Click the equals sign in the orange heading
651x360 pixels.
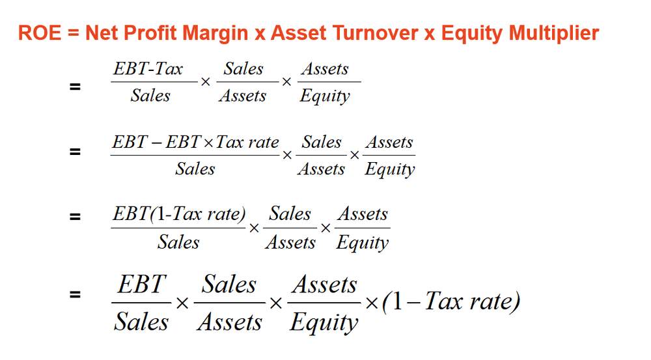pyautogui.click(x=72, y=34)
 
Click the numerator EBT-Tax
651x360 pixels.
pyautogui.click(x=148, y=69)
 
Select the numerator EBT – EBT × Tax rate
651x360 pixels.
pyautogui.click(x=195, y=143)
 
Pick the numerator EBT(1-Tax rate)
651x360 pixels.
pyautogui.click(x=179, y=215)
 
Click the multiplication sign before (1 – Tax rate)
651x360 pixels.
pyautogui.click(x=371, y=303)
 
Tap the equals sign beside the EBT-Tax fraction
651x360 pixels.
pyautogui.click(x=76, y=85)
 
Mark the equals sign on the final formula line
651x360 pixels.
pyautogui.click(x=76, y=295)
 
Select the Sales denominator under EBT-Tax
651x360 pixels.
pyautogui.click(x=150, y=96)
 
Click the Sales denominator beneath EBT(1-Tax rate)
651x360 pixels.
pyautogui.click(x=178, y=242)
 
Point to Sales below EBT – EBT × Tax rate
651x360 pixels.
pyautogui.click(x=195, y=169)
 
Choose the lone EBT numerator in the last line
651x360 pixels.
pyautogui.click(x=141, y=285)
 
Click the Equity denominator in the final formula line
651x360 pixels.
pyautogui.click(x=324, y=323)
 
